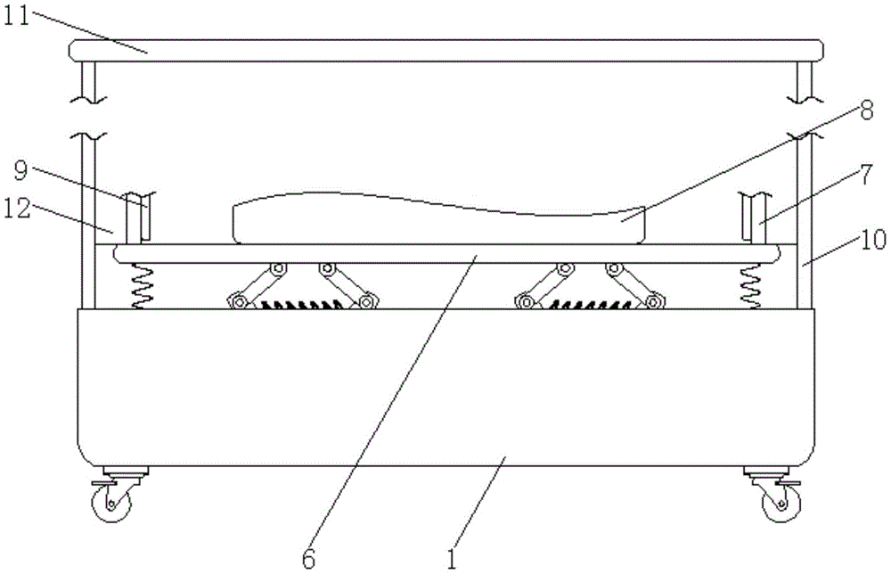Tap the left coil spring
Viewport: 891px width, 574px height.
142,287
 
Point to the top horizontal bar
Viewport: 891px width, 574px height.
445,50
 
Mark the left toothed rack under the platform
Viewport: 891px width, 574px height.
303,305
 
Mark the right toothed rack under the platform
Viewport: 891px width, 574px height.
588,305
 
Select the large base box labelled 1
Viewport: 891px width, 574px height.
445,383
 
